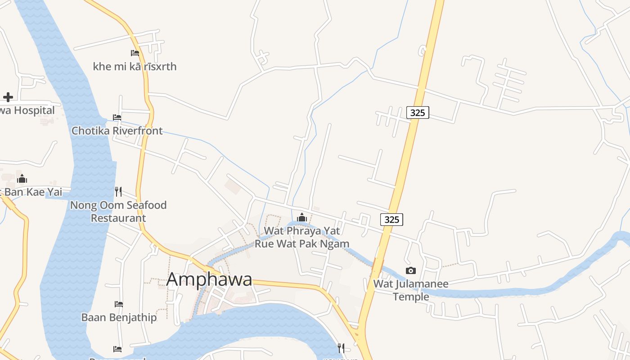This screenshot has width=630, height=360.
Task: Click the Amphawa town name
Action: point(209,279)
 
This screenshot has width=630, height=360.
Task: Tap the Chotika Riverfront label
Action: point(117,131)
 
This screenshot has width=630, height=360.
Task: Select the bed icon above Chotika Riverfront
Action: point(117,117)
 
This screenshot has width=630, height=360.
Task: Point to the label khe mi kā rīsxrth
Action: point(135,67)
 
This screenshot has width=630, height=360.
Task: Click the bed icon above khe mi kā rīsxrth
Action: point(135,53)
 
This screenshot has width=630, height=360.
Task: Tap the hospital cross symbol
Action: point(8,97)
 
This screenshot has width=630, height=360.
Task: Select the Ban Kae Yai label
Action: point(33,193)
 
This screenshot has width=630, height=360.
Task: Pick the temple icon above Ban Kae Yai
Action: point(22,179)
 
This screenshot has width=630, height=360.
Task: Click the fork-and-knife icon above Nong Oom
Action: point(118,192)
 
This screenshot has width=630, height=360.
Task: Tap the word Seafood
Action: point(142,205)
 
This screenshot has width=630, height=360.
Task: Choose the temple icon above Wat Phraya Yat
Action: point(301,218)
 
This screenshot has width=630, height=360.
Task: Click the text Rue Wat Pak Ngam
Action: point(302,244)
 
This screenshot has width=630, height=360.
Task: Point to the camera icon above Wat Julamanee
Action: point(410,270)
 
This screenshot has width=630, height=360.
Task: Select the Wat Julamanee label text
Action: point(411,284)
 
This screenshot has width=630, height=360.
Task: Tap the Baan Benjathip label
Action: point(119,318)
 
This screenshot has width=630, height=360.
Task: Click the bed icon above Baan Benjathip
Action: point(119,304)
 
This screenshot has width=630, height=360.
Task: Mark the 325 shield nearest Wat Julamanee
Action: point(391,220)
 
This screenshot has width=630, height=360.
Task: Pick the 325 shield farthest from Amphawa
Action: point(418,112)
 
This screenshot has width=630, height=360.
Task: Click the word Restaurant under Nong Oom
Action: point(118,218)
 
